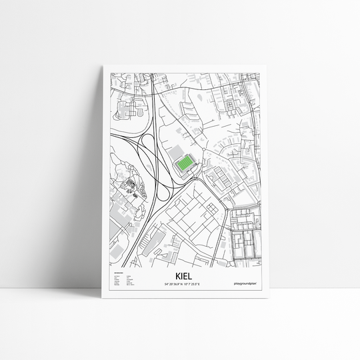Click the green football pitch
click(x=182, y=163)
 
